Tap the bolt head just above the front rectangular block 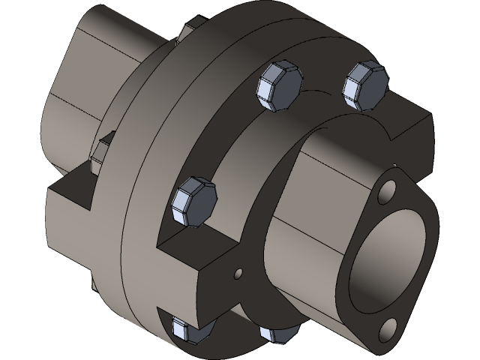(x=193, y=202)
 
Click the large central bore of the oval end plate (x=390, y=259)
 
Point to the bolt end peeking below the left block (x=93, y=282)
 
